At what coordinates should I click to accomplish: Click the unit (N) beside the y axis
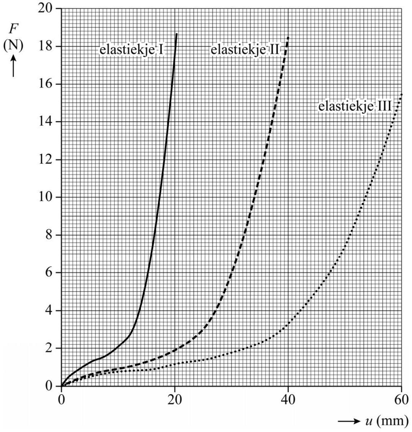click(13, 46)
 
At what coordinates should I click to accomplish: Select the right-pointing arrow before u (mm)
click(348, 421)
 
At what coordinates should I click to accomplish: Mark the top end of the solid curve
click(176, 34)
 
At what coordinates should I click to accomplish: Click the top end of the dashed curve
click(288, 37)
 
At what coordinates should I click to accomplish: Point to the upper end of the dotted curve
click(401, 94)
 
